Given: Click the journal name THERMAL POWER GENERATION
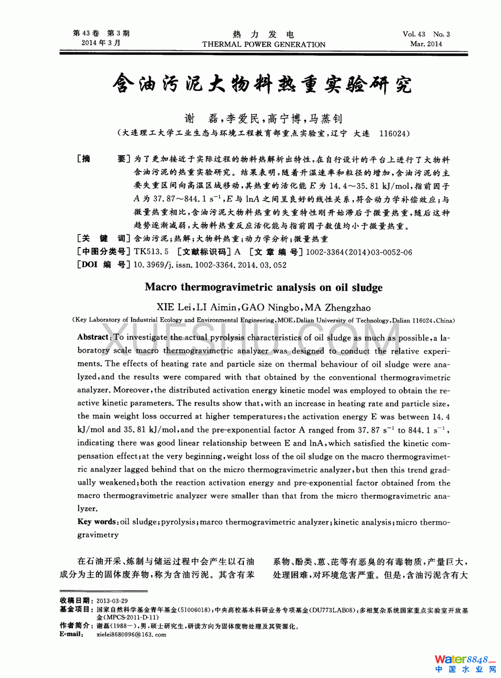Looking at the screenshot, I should point(263,44).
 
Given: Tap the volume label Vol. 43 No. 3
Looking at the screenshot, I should point(426,34).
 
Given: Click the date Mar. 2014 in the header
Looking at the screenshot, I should point(426,44).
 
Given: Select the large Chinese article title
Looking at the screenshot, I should point(262,83).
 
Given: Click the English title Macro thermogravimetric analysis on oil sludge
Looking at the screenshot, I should point(263,287).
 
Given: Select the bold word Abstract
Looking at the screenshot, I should point(93,337).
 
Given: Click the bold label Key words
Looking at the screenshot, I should point(98,522).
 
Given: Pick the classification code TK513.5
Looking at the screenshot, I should point(151,252).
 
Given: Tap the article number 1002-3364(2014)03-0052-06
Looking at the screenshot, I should point(359,252).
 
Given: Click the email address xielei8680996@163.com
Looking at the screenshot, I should point(131,634).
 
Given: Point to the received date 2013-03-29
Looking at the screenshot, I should point(112,601).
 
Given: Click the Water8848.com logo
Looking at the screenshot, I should point(465,663).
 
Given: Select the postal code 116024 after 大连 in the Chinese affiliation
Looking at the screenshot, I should point(394,134).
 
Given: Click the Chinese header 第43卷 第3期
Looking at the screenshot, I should point(101,34).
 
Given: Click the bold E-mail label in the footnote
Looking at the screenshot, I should point(71,634).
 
